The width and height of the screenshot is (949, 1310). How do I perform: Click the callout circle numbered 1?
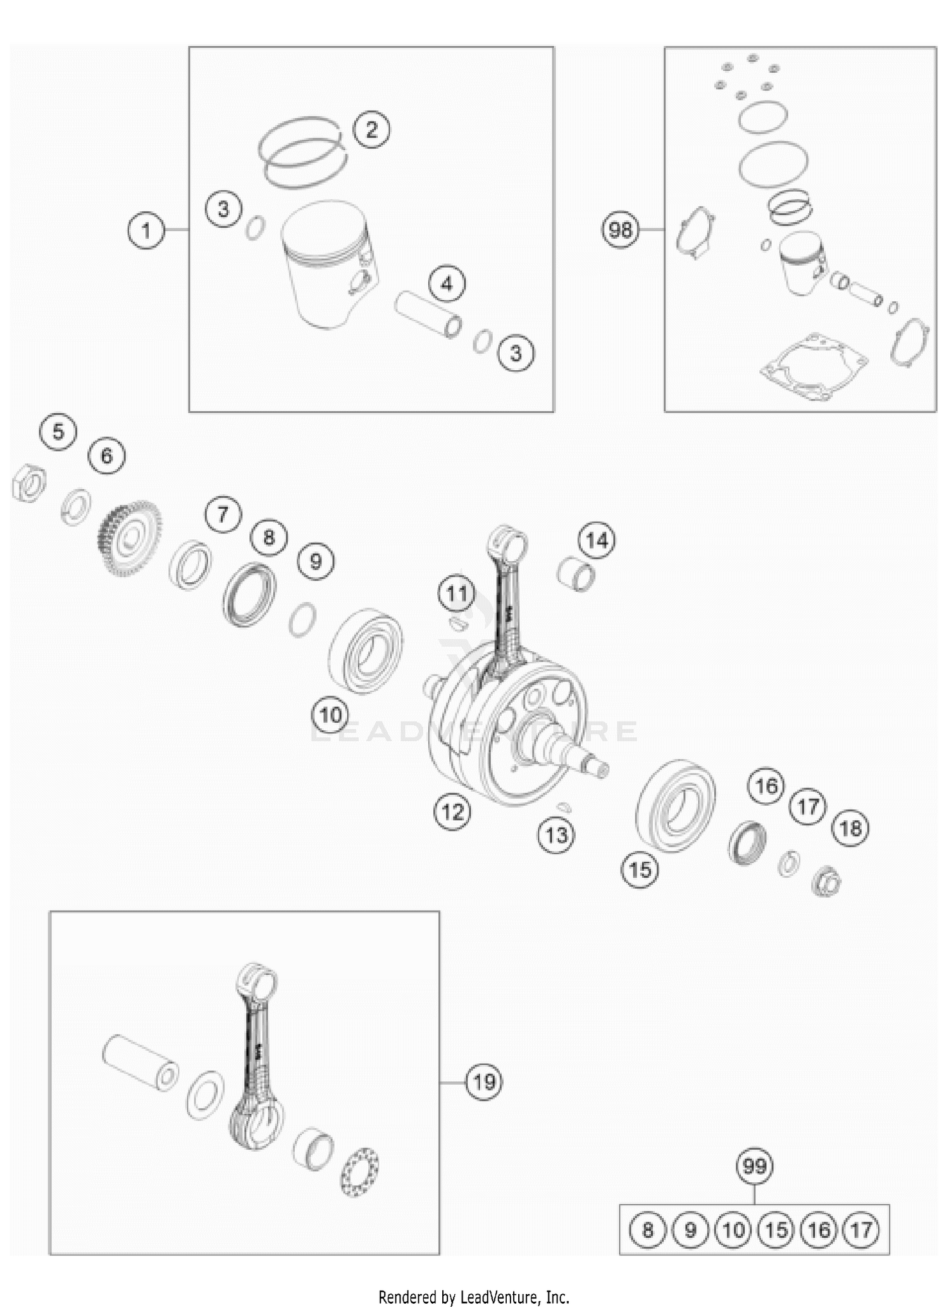pyautogui.click(x=146, y=230)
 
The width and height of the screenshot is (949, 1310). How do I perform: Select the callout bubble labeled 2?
pyautogui.click(x=371, y=130)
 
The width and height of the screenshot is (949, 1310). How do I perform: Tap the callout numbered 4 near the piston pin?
pyautogui.click(x=447, y=284)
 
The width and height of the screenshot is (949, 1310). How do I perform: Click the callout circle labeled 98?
pyautogui.click(x=620, y=230)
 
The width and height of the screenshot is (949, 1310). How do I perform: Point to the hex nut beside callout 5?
pyautogui.click(x=29, y=485)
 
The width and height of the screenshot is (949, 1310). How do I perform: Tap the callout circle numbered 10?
pyautogui.click(x=330, y=715)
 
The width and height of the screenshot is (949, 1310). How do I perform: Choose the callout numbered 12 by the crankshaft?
pyautogui.click(x=452, y=811)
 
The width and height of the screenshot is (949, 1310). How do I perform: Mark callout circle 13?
pyautogui.click(x=556, y=835)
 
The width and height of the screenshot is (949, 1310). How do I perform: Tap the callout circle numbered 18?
pyautogui.click(x=850, y=828)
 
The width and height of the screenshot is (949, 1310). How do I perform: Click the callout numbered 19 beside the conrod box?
pyautogui.click(x=484, y=1082)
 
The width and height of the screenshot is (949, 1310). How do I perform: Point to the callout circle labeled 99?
pyautogui.click(x=755, y=1166)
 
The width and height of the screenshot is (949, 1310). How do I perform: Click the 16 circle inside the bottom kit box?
pyautogui.click(x=819, y=1230)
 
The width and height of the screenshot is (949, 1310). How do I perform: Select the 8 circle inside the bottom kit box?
pyautogui.click(x=647, y=1230)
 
